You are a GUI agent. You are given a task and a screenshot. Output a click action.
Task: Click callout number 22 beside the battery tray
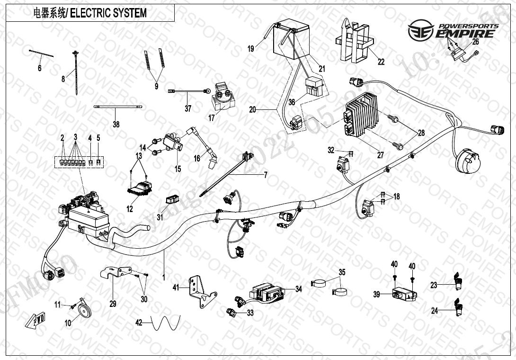click(381, 61)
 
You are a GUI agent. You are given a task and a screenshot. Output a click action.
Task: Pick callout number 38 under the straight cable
click(116, 125)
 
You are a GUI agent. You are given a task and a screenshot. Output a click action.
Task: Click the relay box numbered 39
click(404, 294)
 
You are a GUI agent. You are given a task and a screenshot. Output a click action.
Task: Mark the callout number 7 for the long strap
click(266, 175)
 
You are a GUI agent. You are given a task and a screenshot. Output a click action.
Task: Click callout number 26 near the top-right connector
click(476, 42)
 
